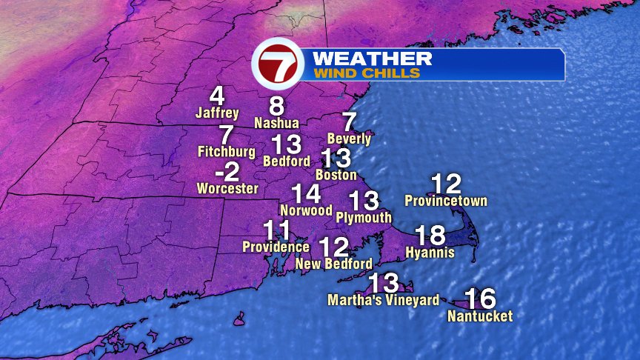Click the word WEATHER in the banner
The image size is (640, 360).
[372, 58]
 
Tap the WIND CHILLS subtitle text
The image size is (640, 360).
[367, 73]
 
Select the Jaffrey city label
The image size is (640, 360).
[217, 113]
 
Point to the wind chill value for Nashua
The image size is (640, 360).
[276, 106]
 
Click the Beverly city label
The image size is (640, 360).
[349, 139]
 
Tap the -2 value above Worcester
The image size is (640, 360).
[227, 173]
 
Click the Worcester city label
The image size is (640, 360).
[227, 189]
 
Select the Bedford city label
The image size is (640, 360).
[287, 160]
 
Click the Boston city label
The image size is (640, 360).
[336, 176]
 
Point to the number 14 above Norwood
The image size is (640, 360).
[306, 194]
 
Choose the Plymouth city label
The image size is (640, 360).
[364, 218]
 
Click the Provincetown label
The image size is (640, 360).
[446, 201]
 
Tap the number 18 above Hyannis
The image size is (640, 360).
[430, 236]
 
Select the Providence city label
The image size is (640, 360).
[276, 247]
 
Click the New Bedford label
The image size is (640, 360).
[333, 264]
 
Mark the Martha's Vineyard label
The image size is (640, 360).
[384, 300]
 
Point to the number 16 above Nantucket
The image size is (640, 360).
[481, 299]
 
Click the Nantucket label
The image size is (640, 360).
[480, 316]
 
